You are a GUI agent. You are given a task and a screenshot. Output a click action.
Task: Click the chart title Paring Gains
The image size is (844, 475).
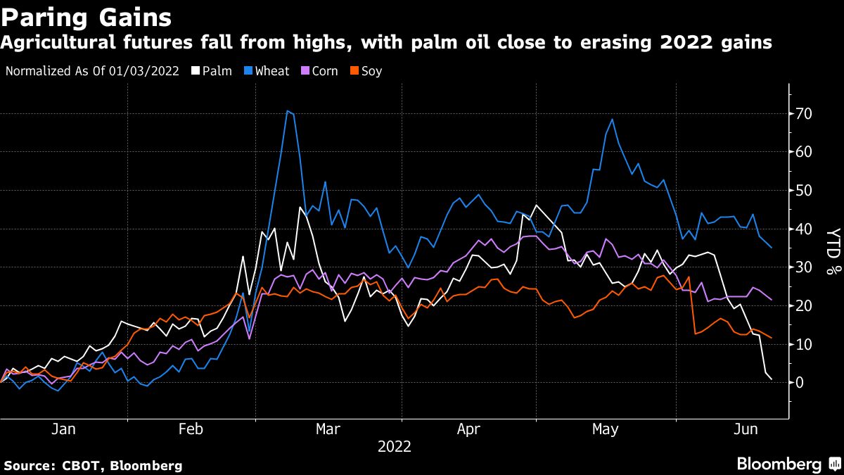86,15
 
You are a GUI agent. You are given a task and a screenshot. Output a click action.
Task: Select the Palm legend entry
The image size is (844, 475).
212,71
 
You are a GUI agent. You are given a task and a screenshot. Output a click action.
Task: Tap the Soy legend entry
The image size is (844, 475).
366,71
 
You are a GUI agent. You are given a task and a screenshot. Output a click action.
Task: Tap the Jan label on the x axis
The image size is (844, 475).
63,429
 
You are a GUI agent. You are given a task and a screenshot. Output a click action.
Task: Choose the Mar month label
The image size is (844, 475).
328,429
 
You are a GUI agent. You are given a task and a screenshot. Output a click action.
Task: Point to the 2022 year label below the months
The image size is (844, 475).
395,446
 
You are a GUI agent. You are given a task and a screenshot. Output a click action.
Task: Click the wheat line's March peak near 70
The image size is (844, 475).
288,110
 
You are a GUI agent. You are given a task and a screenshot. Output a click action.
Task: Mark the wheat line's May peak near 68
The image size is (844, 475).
612,119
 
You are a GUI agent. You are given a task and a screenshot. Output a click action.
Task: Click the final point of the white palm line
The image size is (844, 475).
772,379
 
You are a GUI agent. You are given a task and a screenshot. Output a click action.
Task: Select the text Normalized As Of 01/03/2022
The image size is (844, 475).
91,71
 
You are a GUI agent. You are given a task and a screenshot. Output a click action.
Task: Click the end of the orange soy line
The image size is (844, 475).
772,338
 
